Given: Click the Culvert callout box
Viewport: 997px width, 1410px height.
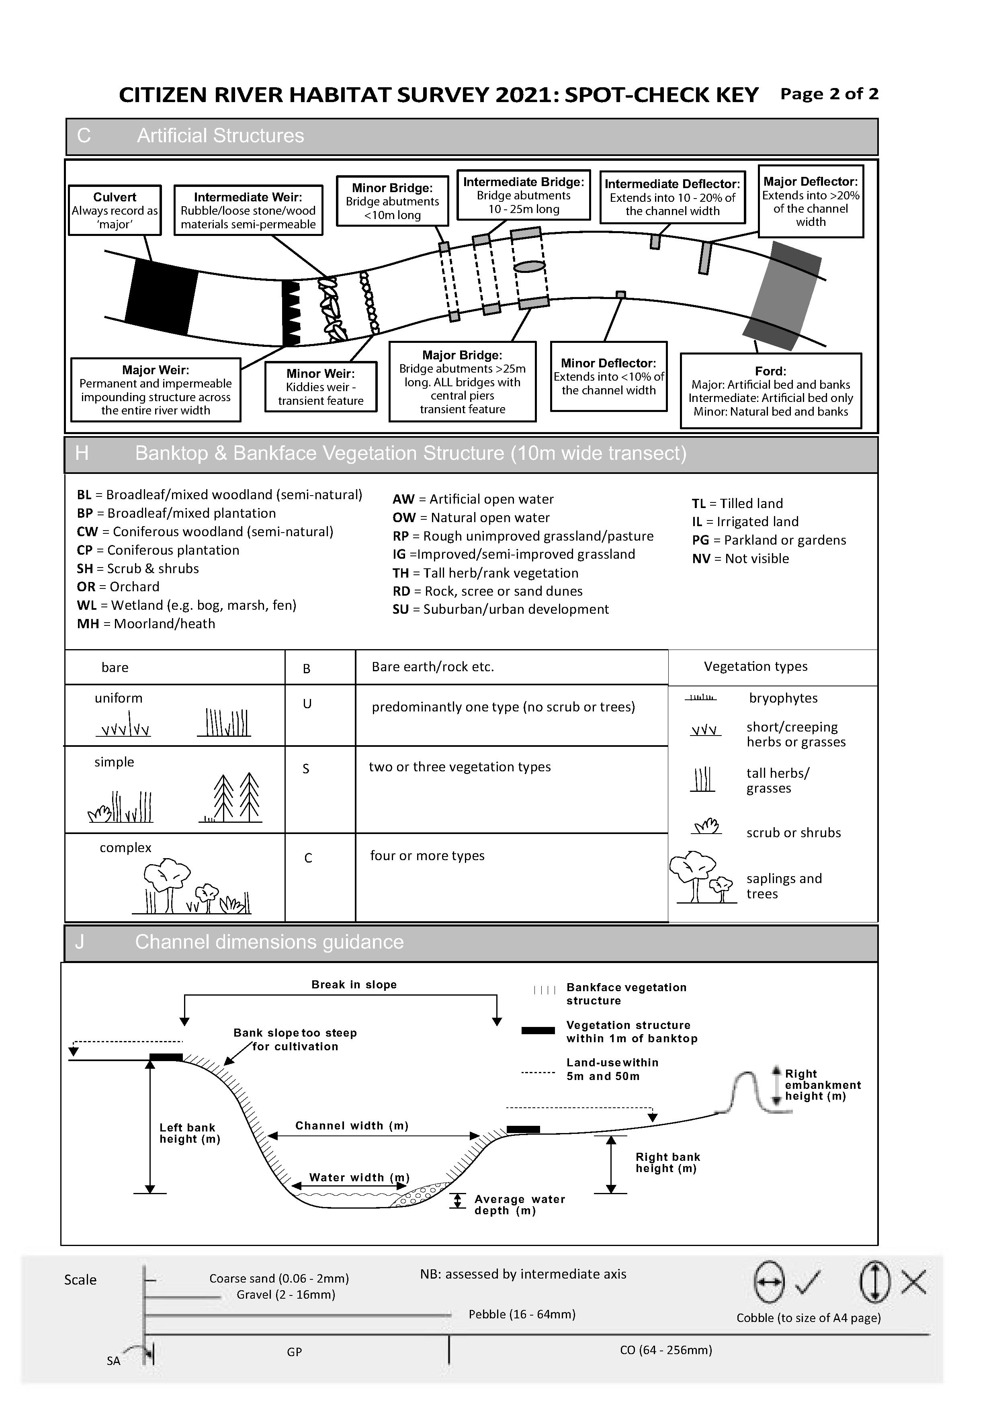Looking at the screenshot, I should pos(115,211).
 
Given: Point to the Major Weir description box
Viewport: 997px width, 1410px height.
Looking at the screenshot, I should pos(156,390).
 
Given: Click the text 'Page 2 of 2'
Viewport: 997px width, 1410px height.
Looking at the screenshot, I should pos(829,94).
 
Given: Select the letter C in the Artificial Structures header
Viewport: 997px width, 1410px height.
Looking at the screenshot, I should pos(84,136).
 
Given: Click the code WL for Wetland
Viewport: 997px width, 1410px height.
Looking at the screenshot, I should pos(86,605).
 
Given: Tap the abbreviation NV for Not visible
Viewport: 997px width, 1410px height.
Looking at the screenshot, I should pos(701,559).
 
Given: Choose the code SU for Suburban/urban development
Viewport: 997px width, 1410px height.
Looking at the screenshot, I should pos(401,610).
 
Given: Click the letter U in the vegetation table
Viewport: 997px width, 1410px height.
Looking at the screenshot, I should pos(307,704).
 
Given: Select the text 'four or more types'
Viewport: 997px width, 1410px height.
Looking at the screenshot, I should pos(427,856).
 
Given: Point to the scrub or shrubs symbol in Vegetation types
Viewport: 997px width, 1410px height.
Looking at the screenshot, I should pos(706,827).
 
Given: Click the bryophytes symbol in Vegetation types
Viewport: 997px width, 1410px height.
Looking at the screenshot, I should pos(700,698).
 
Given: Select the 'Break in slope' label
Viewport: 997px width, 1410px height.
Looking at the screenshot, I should pos(354,984).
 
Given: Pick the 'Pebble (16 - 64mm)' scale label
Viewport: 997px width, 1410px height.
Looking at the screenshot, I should pos(522,1314).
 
